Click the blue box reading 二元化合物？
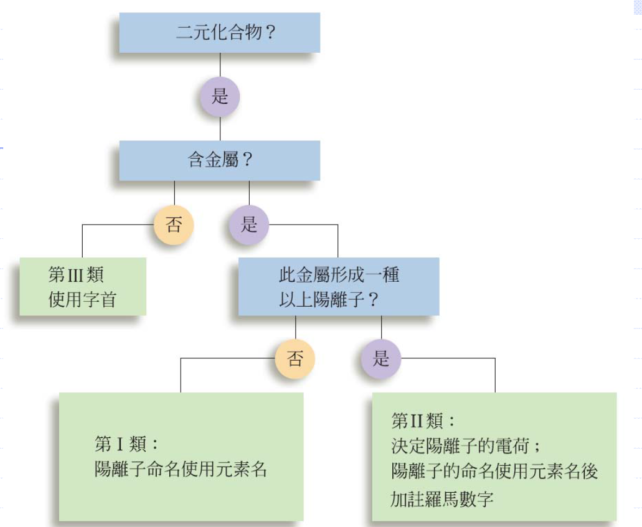[219, 33]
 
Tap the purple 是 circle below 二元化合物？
[219, 97]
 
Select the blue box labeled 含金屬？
[219, 160]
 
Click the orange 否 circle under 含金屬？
[174, 225]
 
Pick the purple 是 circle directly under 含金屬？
[249, 225]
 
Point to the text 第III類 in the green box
[76, 275]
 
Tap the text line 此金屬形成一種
[339, 275]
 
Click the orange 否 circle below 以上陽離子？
[295, 359]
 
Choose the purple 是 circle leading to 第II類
[381, 359]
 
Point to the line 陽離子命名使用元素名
[181, 469]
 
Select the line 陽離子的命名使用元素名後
[494, 470]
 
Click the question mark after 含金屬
[246, 161]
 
